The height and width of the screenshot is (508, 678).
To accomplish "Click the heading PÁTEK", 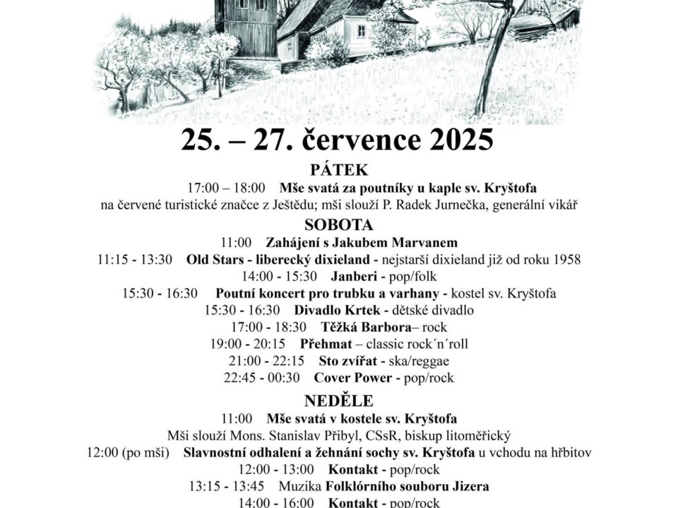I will (x=339, y=170).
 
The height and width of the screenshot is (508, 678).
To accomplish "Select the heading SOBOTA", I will (x=339, y=225).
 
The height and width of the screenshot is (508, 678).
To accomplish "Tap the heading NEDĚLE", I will (x=339, y=401).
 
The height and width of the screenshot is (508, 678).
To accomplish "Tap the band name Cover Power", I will (x=352, y=377).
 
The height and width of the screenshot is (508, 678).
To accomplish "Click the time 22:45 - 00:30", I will (x=262, y=377).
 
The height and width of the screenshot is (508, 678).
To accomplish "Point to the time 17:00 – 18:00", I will (x=226, y=188).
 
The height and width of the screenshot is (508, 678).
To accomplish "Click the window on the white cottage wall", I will (x=361, y=30).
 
